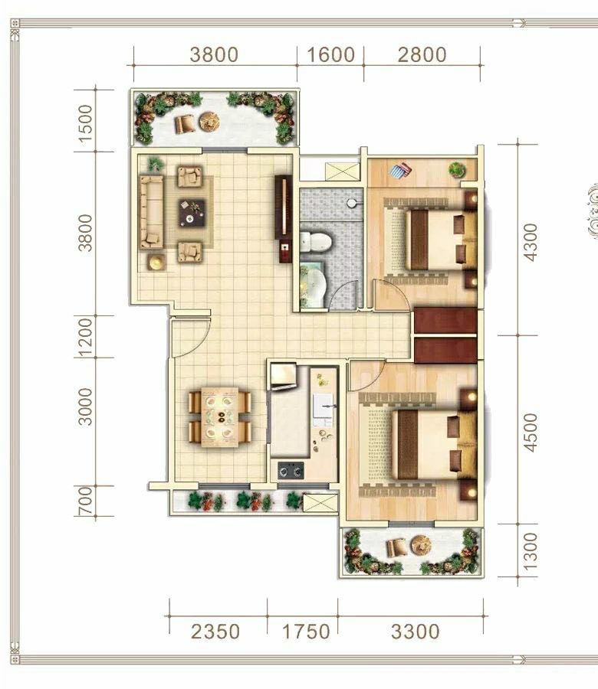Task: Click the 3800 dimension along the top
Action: pos(215,55)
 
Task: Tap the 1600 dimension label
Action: pos(330,55)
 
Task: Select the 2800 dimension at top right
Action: pos(422,55)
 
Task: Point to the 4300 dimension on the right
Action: pos(531,242)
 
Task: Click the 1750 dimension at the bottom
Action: pos(306,632)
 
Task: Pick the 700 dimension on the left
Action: pos(85,500)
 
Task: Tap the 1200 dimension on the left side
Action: pos(85,337)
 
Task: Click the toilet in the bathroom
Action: pos(316,242)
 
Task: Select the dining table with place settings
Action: pos(220,417)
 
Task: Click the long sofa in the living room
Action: pos(151,211)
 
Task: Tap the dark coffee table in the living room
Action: pos(192,213)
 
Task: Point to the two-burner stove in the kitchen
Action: pos(291,470)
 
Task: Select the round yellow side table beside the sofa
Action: pos(156,263)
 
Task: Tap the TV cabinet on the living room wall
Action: pos(284,218)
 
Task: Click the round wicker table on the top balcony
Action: pos(209,122)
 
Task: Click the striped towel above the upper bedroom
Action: pos(400,170)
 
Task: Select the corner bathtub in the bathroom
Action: pos(312,285)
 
